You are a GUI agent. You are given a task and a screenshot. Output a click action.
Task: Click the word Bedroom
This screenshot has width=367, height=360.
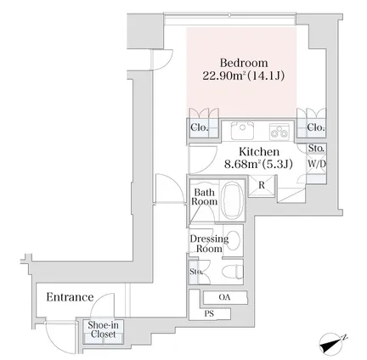(244, 63)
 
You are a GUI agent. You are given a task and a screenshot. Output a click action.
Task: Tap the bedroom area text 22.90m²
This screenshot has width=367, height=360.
(224, 76)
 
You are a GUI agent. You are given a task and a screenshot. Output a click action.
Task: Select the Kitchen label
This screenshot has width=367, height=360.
(259, 152)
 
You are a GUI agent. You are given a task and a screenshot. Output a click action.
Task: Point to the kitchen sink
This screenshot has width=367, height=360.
(242, 131)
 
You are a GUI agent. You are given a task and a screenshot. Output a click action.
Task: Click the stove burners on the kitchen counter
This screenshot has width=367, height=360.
(279, 132)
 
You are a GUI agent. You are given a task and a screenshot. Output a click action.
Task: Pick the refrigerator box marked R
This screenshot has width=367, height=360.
(262, 185)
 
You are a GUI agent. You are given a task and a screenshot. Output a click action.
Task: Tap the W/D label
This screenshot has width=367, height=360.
(317, 164)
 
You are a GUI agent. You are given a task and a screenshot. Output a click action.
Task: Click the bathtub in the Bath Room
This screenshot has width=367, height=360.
(232, 200)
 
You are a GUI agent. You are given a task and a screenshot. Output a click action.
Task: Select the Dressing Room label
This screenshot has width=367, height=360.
(209, 244)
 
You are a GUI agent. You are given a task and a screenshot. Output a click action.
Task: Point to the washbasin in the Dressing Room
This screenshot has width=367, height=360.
(234, 240)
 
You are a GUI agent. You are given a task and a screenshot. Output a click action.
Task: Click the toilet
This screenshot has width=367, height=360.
(233, 272)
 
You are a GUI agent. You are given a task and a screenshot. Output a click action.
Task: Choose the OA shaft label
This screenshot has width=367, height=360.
(224, 297)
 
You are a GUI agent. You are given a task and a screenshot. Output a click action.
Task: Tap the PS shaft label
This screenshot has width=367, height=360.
(209, 313)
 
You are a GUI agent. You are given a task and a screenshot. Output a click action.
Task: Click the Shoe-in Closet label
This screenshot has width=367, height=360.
(103, 329)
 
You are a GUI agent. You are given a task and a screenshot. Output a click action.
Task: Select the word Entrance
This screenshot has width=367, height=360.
(70, 297)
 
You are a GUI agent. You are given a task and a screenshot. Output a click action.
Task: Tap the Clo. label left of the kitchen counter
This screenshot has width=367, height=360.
(200, 127)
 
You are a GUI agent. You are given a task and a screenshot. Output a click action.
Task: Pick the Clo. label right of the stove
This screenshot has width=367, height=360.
(316, 127)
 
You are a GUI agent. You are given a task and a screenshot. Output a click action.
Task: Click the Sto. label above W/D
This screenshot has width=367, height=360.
(316, 148)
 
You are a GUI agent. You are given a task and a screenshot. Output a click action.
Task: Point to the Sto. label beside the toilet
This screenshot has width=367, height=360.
(196, 272)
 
